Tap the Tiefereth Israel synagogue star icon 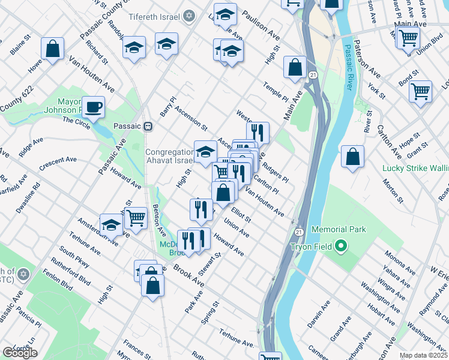coord(189,16)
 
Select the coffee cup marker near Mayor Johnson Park coord(93,108)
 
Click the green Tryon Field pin coord(341,246)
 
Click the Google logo coord(20,353)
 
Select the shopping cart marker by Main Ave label coord(408,38)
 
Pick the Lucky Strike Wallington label coord(415,169)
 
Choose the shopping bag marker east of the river coord(352,157)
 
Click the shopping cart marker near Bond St coord(420,92)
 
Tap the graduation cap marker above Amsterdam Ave coord(111,226)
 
